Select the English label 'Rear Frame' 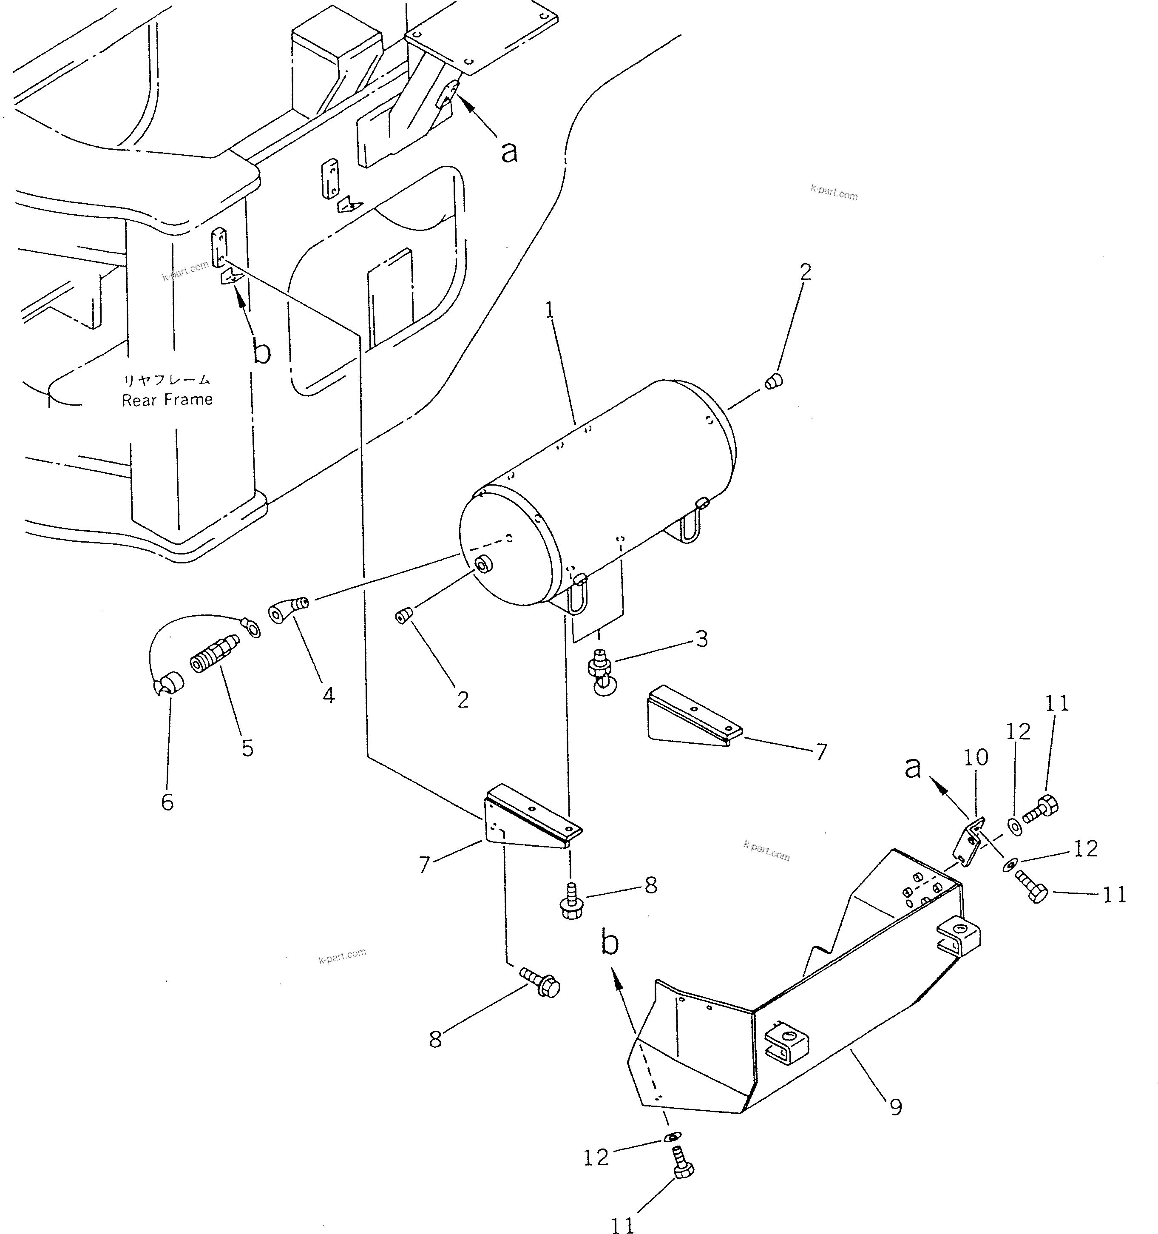coord(167,400)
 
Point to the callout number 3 coord(702,639)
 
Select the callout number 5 coord(247,748)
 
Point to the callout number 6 coord(167,802)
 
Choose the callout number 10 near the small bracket coord(976,757)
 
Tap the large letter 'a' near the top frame coord(509,151)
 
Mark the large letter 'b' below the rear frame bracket coord(262,353)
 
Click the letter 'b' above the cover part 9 coord(610,944)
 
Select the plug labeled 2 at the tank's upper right coord(773,381)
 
